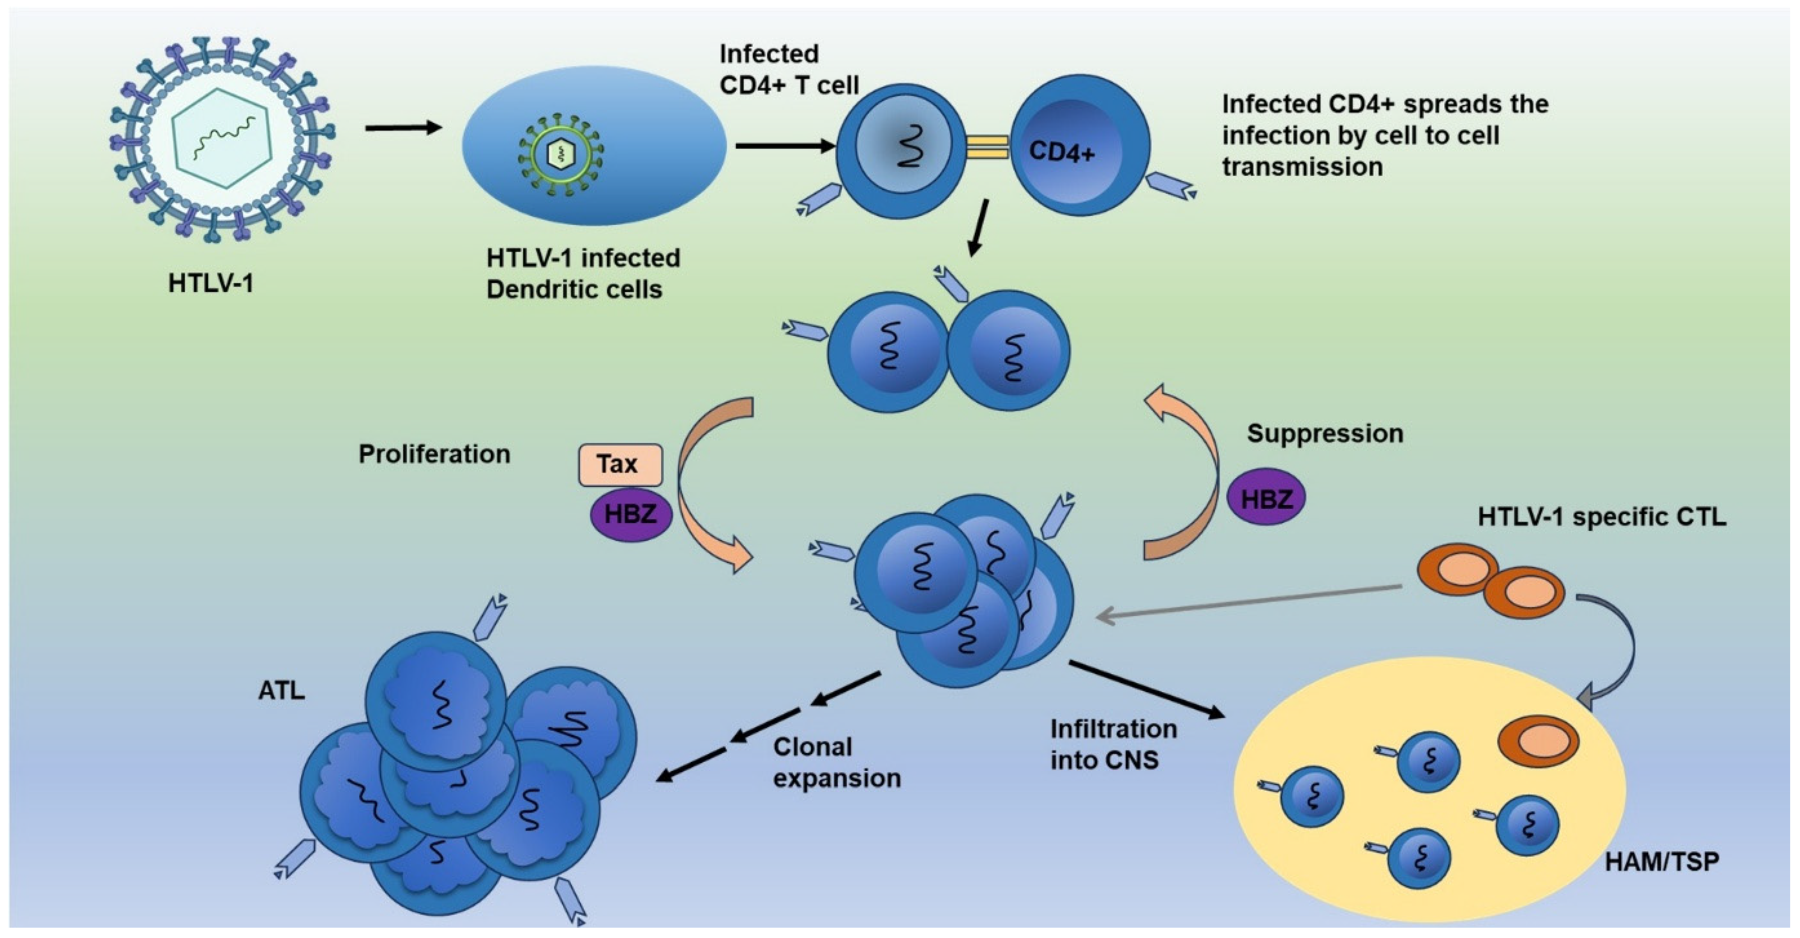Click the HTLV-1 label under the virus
click(211, 284)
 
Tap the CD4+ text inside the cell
click(1062, 152)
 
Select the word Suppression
click(1325, 433)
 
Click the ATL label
click(282, 690)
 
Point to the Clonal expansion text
click(836, 762)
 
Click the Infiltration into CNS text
click(1113, 744)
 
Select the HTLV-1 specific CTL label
click(1602, 517)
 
